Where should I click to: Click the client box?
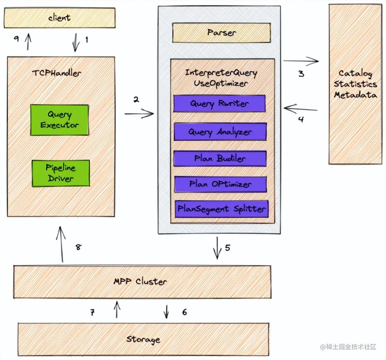[59, 18]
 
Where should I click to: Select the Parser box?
[221, 33]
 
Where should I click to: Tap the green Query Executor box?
[59, 120]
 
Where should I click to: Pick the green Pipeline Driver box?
[60, 173]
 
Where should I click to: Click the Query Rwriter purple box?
[219, 104]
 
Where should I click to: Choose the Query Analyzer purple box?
[220, 132]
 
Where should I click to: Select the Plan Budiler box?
[220, 158]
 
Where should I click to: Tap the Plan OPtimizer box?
[220, 184]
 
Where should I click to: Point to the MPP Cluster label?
[140, 281]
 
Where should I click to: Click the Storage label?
[143, 339]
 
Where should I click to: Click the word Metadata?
[355, 95]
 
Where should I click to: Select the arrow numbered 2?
[139, 113]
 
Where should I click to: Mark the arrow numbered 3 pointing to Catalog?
[301, 61]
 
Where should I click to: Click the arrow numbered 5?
[217, 248]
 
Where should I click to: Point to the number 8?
[78, 247]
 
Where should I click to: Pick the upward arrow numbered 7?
[117, 309]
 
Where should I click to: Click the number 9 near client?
[16, 39]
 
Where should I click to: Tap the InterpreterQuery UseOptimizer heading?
[221, 78]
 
